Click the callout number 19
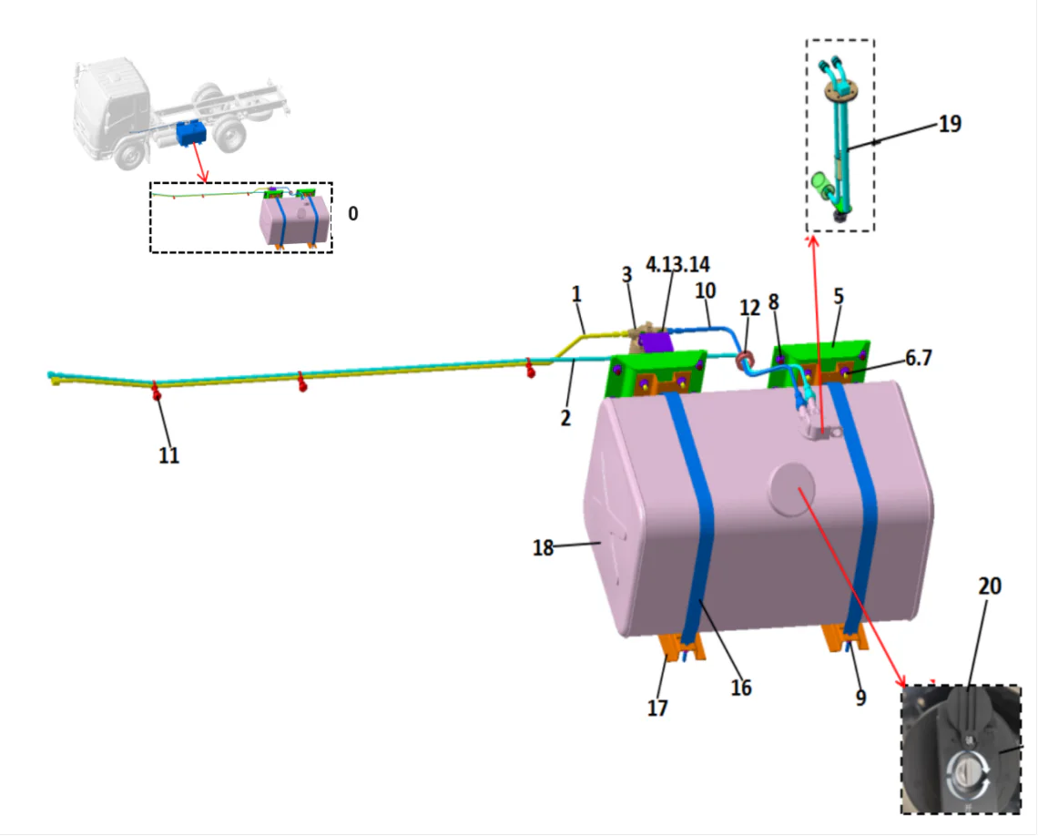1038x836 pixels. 950,124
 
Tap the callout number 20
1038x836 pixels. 989,586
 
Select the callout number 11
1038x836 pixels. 168,454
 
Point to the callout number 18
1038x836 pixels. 544,548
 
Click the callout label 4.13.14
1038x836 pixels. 677,264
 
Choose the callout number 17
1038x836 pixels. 656,707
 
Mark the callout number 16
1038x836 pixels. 741,688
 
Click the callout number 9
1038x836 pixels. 860,698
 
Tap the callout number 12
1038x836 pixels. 749,310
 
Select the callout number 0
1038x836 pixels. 353,214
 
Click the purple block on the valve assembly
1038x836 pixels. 655,342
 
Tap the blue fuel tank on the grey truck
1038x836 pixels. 192,133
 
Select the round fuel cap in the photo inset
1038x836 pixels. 968,774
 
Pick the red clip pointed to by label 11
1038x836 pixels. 157,392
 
